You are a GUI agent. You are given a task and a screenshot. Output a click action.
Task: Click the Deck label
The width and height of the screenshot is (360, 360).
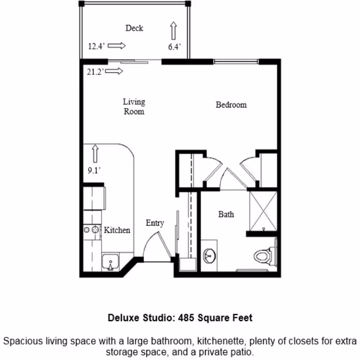click(134, 28)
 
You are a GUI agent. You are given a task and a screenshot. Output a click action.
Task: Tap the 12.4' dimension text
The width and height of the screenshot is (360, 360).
click(96, 47)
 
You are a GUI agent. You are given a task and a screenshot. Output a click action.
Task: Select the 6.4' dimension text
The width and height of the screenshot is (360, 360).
click(174, 47)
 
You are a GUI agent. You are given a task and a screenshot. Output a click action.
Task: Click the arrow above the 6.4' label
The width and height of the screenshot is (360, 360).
click(174, 30)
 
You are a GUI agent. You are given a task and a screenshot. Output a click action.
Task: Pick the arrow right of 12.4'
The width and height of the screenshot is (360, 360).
click(117, 46)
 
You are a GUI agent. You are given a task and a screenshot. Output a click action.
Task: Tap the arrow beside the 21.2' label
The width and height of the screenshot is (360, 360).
click(115, 71)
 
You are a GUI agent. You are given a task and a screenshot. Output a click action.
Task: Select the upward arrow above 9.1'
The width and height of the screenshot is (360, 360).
click(94, 152)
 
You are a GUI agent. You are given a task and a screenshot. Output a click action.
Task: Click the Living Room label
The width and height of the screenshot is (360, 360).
click(134, 106)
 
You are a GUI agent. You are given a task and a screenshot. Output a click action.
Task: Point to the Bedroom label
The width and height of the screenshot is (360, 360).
click(231, 105)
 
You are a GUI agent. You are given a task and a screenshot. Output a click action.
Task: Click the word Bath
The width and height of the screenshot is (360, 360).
click(226, 214)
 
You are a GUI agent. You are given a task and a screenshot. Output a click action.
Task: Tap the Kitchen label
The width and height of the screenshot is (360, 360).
click(117, 230)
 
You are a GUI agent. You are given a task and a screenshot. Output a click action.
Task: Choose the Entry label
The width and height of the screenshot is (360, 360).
click(155, 223)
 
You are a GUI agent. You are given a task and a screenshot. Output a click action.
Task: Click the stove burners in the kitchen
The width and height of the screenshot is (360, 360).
click(90, 230)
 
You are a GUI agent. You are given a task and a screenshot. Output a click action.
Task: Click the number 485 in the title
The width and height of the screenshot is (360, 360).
click(186, 318)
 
